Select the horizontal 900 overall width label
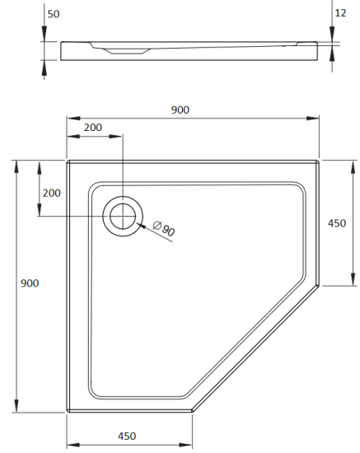(181, 110)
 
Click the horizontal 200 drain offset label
(94, 128)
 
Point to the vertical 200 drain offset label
(51, 193)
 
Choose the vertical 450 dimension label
(337, 223)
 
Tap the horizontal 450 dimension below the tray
(127, 436)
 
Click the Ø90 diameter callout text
(165, 231)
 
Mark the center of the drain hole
(122, 217)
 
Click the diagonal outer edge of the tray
(255, 348)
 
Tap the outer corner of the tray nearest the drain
(68, 161)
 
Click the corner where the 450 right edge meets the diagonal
(319, 285)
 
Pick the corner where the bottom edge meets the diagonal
(192, 410)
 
